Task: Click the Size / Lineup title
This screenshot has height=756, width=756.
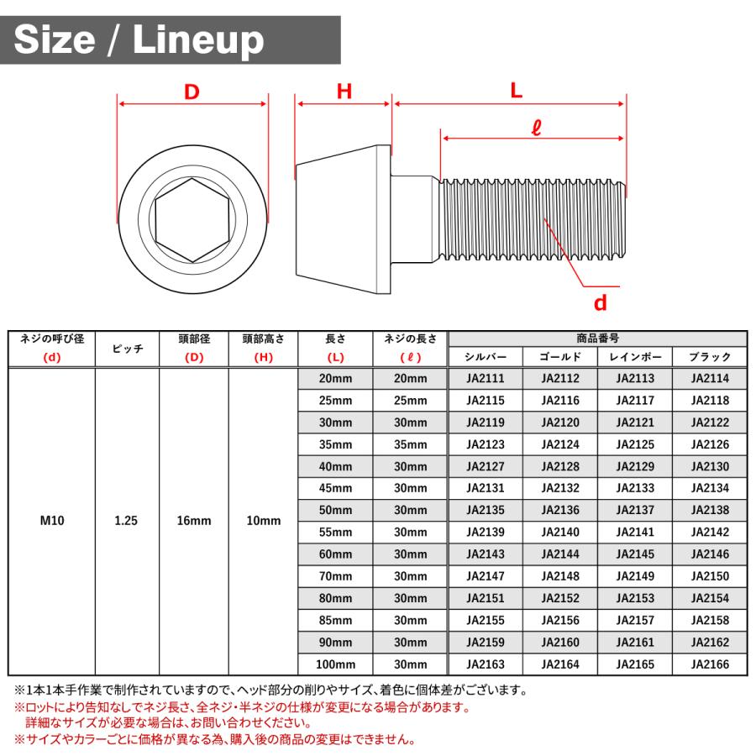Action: (139, 39)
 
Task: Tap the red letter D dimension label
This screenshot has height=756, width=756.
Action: (192, 92)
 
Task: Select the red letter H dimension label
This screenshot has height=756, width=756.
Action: (344, 92)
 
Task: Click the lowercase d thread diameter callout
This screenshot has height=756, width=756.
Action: (600, 302)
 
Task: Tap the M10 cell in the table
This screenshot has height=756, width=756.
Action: (52, 521)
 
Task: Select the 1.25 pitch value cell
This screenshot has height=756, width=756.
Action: (126, 521)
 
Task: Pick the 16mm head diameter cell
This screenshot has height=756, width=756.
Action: (194, 521)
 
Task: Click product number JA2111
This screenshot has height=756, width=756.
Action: (486, 379)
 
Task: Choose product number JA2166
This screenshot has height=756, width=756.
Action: (710, 664)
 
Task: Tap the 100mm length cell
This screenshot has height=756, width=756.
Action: (336, 664)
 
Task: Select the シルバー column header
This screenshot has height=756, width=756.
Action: (486, 357)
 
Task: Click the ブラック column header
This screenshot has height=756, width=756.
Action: (710, 357)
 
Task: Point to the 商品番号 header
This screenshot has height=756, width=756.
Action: (598, 339)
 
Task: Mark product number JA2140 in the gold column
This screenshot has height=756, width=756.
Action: (559, 533)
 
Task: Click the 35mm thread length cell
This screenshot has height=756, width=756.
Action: (411, 444)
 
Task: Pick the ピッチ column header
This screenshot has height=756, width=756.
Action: (128, 348)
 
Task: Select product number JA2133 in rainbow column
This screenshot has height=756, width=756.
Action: (635, 488)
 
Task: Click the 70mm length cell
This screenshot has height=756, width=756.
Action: (336, 576)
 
